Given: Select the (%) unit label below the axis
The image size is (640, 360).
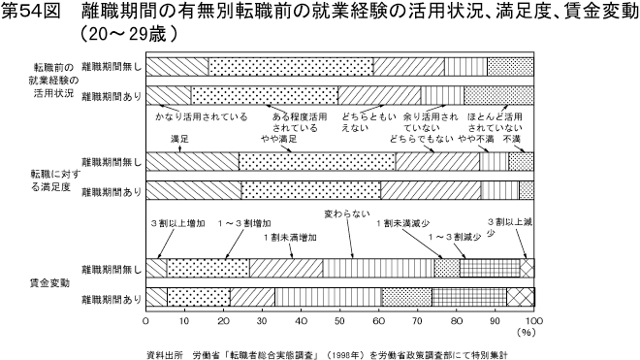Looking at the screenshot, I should coord(528,331).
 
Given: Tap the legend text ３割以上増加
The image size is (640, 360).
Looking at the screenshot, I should coord(177,222).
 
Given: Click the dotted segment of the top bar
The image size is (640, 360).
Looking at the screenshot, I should coord(291,66).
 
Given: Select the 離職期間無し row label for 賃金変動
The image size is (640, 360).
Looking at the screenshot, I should coord(111,267).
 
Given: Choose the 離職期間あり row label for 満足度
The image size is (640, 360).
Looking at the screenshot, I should coord(111,188).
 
